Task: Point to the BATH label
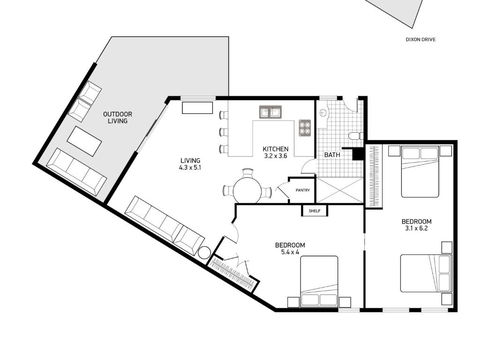click(331, 155)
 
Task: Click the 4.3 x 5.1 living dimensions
click(191, 168)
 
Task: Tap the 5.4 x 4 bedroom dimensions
click(290, 252)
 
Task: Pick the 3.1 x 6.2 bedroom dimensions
click(416, 228)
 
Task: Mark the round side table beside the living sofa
click(205, 254)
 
